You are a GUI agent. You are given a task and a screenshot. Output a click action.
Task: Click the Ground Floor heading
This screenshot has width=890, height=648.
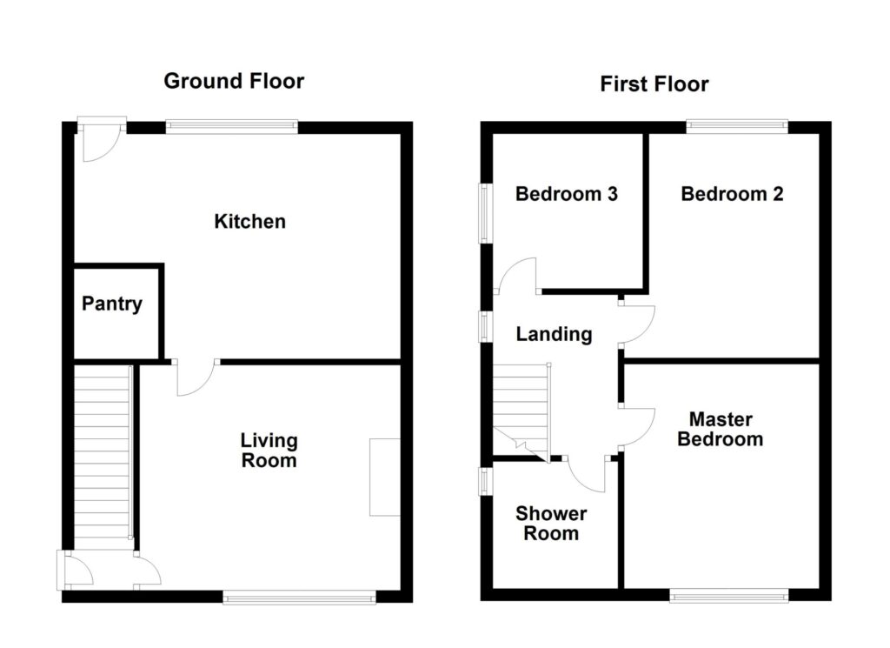[234, 82]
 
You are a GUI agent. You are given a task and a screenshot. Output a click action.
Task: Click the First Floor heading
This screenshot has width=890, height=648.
[654, 84]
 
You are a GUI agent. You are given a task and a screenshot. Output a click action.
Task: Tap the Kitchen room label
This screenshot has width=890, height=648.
[249, 222]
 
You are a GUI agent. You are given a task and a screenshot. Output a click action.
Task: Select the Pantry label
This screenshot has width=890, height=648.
[111, 304]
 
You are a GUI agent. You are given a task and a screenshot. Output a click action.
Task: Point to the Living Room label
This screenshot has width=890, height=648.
[269, 451]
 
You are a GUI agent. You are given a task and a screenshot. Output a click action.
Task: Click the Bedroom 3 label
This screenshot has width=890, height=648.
[566, 193]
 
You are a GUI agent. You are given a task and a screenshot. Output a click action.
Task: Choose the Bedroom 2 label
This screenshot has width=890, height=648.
[732, 193]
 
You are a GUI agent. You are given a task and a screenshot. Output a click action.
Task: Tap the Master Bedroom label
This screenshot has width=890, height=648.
[720, 429]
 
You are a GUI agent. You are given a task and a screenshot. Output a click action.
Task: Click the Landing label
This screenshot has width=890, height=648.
[554, 334]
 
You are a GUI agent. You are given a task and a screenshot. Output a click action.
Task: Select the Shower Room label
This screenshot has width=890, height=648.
[550, 523]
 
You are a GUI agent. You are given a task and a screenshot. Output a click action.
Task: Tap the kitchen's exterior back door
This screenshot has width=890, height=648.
[98, 139]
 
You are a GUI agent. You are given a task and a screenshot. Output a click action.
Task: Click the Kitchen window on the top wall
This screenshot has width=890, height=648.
[232, 127]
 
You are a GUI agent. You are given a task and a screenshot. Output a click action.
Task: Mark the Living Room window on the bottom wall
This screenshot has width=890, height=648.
[300, 596]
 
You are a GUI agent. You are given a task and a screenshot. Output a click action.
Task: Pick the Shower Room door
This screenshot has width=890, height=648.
[587, 471]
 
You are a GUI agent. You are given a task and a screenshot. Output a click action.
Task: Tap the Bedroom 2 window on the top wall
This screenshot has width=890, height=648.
[737, 127]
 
